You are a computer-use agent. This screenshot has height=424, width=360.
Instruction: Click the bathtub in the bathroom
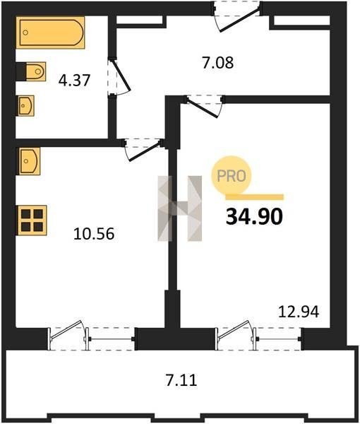pos(50,33)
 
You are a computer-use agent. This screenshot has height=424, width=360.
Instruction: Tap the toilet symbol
pos(36,71)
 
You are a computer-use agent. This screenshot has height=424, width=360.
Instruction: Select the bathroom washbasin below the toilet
pos(26,106)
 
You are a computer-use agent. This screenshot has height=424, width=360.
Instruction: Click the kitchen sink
pos(29,161)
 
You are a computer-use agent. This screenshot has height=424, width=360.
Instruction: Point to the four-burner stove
pos(32,220)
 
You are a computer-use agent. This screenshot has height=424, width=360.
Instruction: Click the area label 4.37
pos(74,81)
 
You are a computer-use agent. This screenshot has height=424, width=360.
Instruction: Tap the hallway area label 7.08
pos(217,63)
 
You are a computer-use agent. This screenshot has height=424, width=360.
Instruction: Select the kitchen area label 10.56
pos(94,234)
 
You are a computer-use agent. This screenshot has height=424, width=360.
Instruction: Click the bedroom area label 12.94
pos(299,312)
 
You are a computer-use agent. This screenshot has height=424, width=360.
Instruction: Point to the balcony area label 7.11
pos(181,380)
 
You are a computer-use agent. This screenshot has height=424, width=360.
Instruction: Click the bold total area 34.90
pos(254,217)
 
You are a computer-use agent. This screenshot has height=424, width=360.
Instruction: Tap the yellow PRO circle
pos(232,176)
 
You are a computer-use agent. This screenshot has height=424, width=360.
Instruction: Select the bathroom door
pos(119,76)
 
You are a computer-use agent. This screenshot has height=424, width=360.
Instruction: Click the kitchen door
pos(143,150)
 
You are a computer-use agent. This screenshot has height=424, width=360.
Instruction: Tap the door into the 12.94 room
pos(204,106)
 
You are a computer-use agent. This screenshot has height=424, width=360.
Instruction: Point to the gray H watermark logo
pos(179,208)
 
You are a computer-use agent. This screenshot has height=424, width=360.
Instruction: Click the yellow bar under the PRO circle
pos(254,197)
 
